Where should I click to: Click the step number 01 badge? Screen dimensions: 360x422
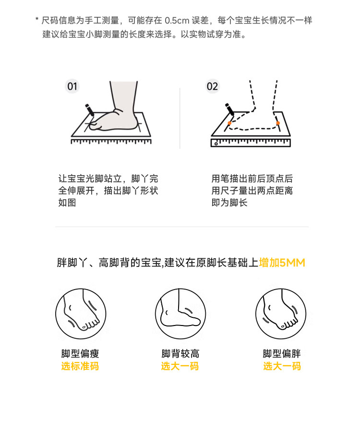pos(72,86)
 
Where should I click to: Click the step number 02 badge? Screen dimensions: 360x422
pos(212,86)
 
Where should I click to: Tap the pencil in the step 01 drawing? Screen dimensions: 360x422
pos(90,110)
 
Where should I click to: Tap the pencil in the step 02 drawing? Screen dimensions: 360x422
pos(229,109)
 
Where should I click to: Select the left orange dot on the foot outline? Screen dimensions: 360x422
pos(229,123)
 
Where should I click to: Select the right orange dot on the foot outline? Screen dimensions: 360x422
pos(277,123)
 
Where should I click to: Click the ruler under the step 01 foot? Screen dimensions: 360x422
pos(111,141)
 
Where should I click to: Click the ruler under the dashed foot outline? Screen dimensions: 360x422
pos(251,143)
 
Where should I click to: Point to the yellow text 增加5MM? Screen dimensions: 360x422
pos(282,263)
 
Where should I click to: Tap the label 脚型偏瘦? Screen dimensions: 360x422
pos(80,353)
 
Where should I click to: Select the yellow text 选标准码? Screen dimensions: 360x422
pos(80,366)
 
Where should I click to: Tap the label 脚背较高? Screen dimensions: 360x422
pos(180,353)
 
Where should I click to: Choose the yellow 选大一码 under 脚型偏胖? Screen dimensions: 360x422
pos(282,366)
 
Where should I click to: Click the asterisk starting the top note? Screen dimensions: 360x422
pos(37,19)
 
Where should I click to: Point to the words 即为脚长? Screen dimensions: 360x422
pos(229,203)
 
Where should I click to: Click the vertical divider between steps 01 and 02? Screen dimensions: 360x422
pos(180,118)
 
